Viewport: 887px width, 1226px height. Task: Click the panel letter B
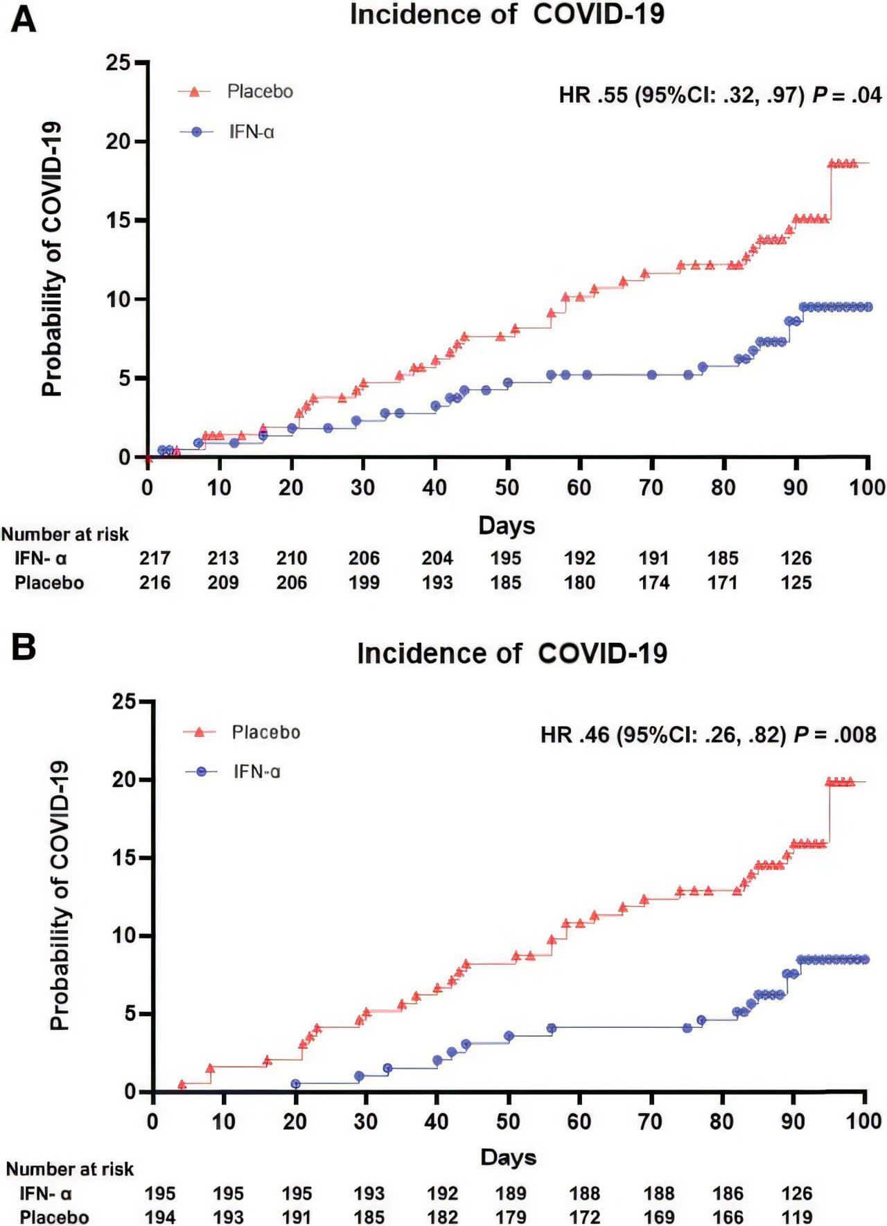click(24, 647)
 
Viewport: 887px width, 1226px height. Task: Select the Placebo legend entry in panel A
click(259, 91)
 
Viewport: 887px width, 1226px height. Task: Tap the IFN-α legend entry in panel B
click(256, 772)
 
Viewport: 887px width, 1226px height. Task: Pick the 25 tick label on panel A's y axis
click(118, 63)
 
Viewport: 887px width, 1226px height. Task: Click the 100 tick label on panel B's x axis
click(863, 1121)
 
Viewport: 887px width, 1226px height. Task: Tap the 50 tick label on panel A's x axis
click(507, 488)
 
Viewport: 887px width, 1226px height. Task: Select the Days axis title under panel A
click(507, 526)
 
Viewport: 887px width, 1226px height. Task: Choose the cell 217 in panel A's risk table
click(155, 558)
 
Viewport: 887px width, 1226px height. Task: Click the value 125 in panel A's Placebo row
click(796, 583)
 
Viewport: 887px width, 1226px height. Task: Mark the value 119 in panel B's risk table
click(796, 1217)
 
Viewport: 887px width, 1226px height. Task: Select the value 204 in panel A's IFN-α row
click(437, 558)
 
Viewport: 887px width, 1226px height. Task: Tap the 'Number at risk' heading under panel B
click(69, 1169)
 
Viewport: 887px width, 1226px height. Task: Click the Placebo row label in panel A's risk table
click(49, 583)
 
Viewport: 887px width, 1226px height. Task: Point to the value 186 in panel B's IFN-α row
click(728, 1193)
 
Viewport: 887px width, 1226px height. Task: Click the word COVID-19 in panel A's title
click(599, 15)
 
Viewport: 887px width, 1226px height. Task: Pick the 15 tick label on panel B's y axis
click(124, 858)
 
